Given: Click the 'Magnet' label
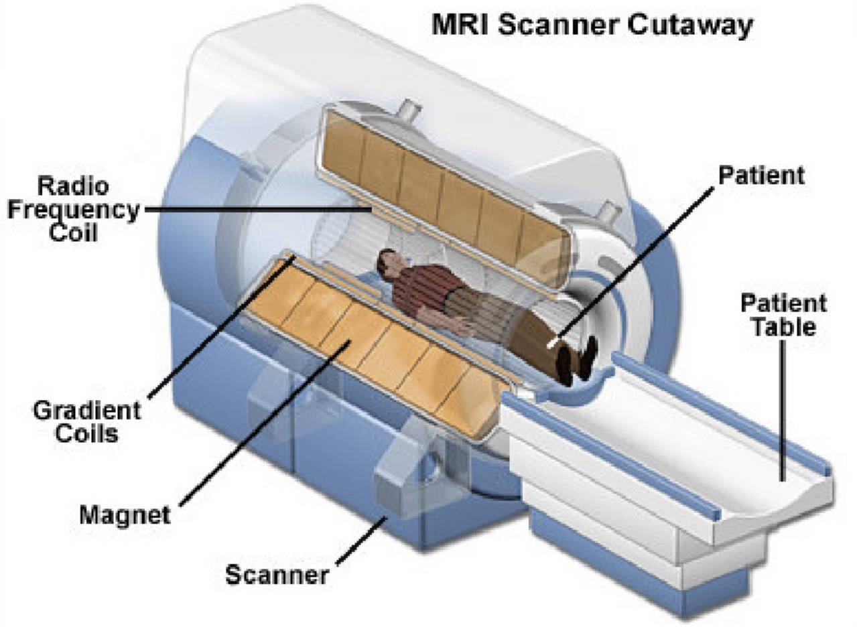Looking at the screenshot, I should [125, 516].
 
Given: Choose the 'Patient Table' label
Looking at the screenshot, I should [782, 314].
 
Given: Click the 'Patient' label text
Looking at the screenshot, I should [761, 176].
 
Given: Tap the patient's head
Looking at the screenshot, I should [387, 261].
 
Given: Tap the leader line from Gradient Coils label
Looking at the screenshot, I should [221, 328].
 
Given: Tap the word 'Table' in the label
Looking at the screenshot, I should [782, 327].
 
